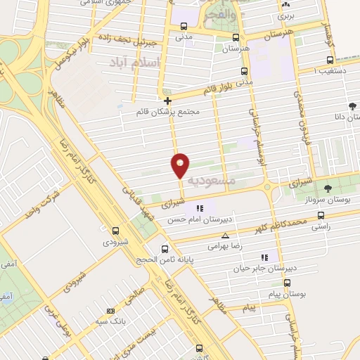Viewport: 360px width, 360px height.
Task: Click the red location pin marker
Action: (180, 165)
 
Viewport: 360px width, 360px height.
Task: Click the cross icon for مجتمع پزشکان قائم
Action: (167, 101)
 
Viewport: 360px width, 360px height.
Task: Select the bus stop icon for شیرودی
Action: (116, 230)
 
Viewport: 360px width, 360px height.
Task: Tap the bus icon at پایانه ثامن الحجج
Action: (165, 248)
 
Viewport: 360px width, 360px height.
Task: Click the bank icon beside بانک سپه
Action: (110, 311)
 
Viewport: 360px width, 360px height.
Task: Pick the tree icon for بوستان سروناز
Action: (328, 188)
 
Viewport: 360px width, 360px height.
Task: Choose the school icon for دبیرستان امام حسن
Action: (200, 207)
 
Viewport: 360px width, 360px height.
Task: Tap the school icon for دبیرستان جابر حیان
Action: (264, 257)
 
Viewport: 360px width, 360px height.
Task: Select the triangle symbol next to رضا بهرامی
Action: (225, 236)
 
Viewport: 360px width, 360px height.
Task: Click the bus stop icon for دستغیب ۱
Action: (329, 61)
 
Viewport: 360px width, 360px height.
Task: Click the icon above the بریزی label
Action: (285, 4)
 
